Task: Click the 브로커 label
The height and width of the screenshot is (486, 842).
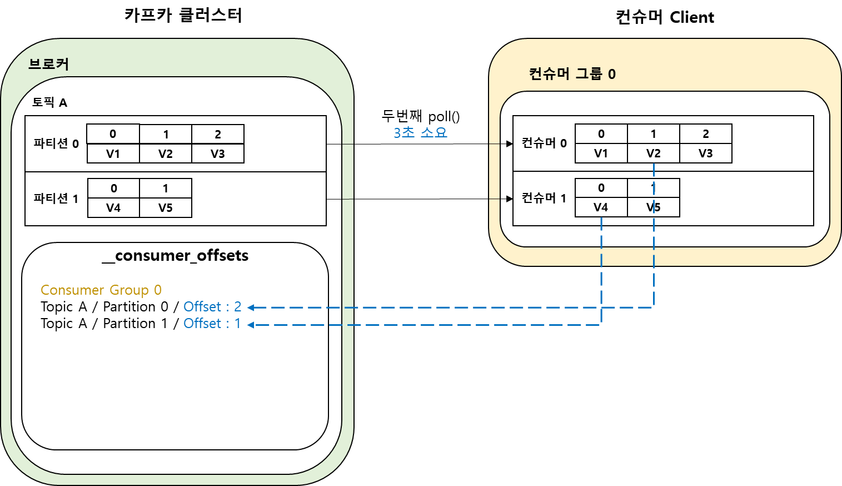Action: [x=49, y=64]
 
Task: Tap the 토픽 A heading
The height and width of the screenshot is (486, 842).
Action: [x=49, y=102]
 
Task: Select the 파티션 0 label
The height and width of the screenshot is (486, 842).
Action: [x=56, y=143]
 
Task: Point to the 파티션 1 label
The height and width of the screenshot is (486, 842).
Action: [x=56, y=199]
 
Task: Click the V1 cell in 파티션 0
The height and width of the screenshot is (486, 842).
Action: [x=113, y=153]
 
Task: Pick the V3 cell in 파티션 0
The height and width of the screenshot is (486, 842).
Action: [x=218, y=153]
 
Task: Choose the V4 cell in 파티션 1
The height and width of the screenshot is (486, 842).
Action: [x=113, y=208]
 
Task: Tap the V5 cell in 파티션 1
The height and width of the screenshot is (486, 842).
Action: [x=166, y=208]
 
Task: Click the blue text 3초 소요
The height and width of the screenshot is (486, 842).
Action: [x=420, y=132]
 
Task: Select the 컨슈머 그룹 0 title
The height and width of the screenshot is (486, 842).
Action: [x=572, y=74]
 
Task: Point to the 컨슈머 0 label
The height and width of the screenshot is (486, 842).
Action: [x=544, y=143]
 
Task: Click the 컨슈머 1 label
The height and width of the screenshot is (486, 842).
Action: [x=544, y=198]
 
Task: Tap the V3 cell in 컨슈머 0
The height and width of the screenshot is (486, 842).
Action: [x=705, y=153]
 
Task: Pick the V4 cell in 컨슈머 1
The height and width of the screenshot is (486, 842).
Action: [x=601, y=207]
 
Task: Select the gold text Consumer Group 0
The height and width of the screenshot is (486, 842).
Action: [x=101, y=290]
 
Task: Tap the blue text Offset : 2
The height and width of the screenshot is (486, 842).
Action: [x=212, y=307]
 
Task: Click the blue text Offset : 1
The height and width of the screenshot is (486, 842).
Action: [x=212, y=324]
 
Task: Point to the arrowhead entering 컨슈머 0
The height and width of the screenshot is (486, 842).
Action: [x=509, y=144]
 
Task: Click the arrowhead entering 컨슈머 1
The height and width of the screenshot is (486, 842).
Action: [x=509, y=199]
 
